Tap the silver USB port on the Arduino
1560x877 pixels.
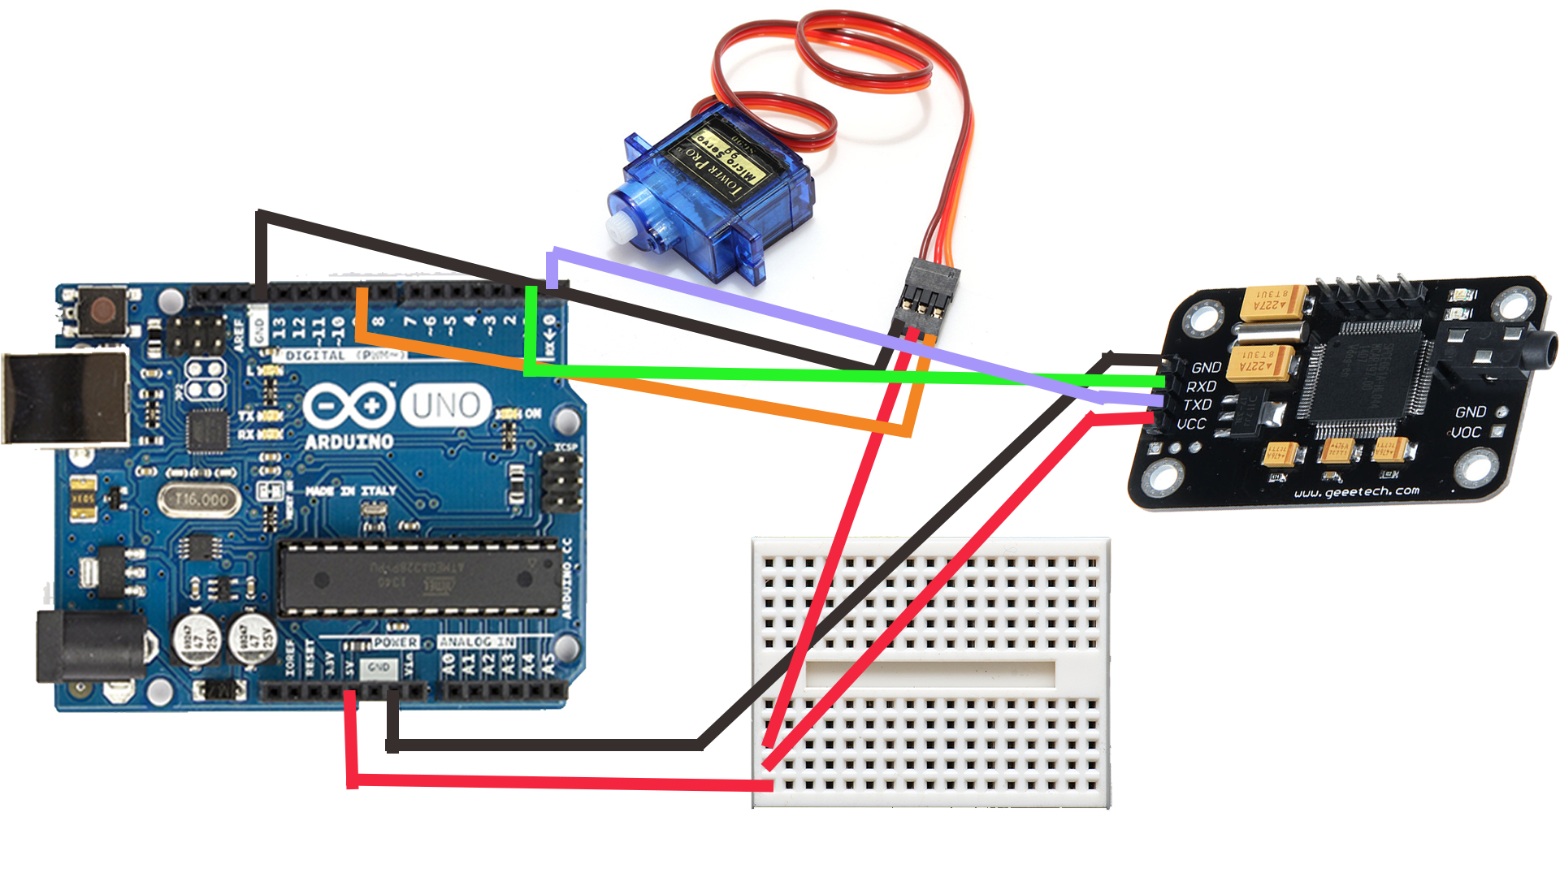(65, 399)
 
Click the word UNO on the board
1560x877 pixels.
(446, 405)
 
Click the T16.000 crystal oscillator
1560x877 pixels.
(202, 499)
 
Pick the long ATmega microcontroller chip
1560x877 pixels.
(418, 579)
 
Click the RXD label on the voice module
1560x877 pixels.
(1201, 387)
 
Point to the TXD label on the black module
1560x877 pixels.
(1198, 404)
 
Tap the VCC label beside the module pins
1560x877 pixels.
(1191, 424)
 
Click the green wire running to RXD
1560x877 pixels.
(812, 375)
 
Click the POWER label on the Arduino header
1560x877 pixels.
(396, 642)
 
